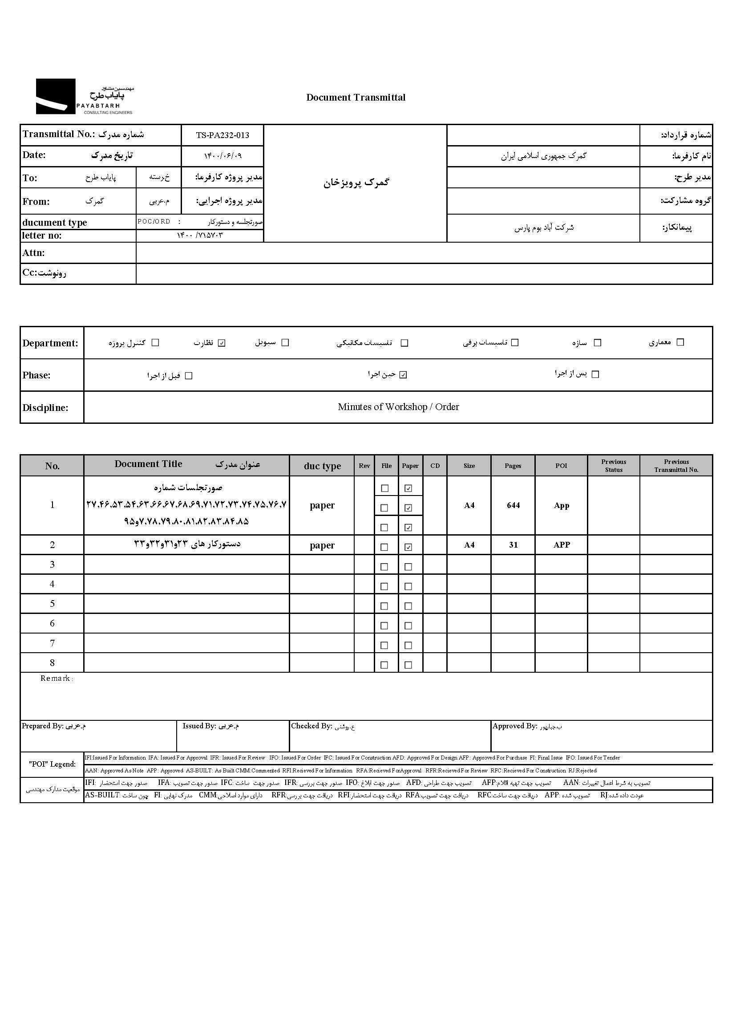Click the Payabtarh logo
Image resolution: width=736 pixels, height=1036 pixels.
click(x=84, y=97)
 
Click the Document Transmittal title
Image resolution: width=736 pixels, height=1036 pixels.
click(x=356, y=98)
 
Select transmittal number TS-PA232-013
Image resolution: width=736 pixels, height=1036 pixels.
click(x=222, y=135)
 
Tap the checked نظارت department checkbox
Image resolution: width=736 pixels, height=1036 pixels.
click(x=222, y=343)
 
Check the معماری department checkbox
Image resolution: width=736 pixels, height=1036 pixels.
click(x=680, y=342)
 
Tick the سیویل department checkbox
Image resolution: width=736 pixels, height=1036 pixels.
click(x=285, y=342)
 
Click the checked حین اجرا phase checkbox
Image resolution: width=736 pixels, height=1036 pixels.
click(x=403, y=375)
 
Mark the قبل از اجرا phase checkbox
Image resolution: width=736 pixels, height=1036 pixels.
click(x=189, y=376)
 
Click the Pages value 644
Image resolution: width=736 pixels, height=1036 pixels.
click(x=513, y=505)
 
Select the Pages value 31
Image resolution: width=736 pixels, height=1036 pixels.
click(x=513, y=545)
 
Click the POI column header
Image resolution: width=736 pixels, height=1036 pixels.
click(x=561, y=466)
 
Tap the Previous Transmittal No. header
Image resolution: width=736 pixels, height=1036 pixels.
click(x=676, y=466)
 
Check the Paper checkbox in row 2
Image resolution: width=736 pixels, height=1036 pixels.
click(x=408, y=547)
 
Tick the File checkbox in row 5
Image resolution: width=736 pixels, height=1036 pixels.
click(x=385, y=606)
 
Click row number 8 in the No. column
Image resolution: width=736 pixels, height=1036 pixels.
click(x=52, y=663)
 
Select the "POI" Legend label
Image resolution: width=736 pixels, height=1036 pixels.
click(x=52, y=764)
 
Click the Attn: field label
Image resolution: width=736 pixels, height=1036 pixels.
click(x=33, y=253)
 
